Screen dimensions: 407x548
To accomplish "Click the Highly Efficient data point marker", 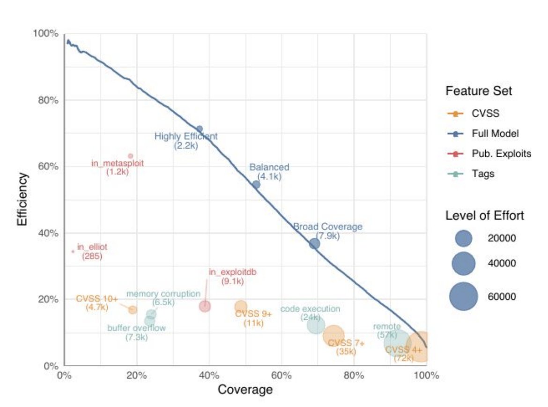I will [x=200, y=129].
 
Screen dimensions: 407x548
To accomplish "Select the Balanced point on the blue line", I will [x=256, y=185].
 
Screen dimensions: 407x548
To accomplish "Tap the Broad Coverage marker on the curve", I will [x=314, y=244].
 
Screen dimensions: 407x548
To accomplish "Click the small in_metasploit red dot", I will [x=131, y=156].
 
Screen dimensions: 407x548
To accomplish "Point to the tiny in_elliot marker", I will [x=73, y=251].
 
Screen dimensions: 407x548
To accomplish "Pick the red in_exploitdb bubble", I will [x=205, y=306].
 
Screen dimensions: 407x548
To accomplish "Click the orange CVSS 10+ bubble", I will [x=133, y=310].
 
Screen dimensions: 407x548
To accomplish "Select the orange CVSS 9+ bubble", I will [x=241, y=307].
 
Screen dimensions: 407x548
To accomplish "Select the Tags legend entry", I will [x=483, y=173].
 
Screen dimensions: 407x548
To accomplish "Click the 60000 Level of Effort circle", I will [x=464, y=296].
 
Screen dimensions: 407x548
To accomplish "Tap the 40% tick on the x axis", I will [x=209, y=375].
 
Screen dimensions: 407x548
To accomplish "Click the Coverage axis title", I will [x=245, y=390].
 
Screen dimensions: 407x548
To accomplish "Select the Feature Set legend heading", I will [x=479, y=91].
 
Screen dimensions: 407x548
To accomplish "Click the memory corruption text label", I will [x=163, y=294].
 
